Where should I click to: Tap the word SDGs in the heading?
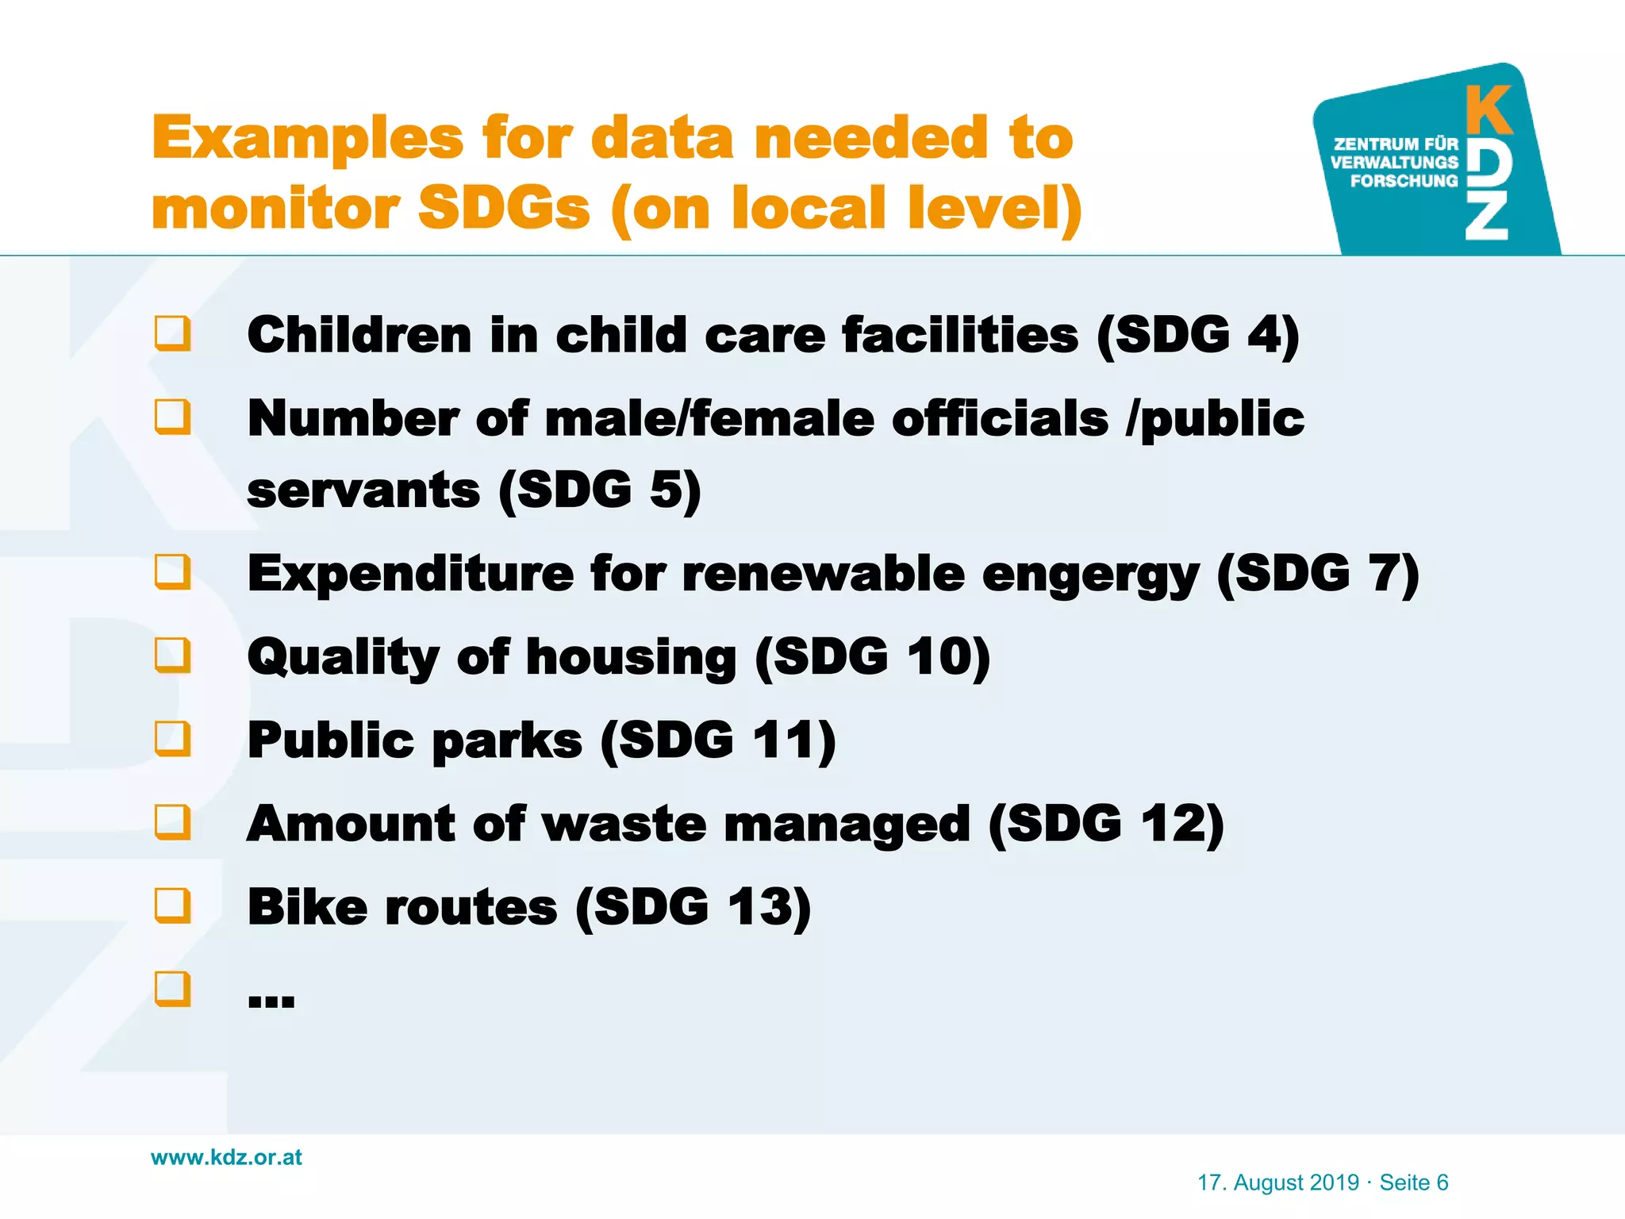504,209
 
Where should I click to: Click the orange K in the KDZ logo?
1488,111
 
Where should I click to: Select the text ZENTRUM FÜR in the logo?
1396,144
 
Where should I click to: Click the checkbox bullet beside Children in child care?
173,333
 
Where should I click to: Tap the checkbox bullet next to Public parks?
173,739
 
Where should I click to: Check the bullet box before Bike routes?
173,906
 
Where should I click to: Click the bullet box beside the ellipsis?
173,989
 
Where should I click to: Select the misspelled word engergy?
1090,575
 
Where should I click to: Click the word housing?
631,659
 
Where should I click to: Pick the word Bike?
307,907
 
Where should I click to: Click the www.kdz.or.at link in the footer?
226,1157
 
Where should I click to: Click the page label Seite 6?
1413,1182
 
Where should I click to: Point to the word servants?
363,490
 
